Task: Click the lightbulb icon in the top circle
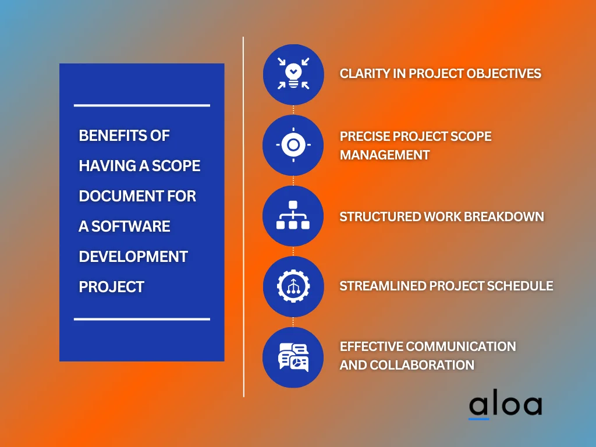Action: click(x=293, y=74)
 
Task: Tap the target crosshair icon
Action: click(x=293, y=145)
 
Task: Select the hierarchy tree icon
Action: click(x=293, y=215)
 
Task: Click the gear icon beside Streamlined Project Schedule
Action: click(x=293, y=286)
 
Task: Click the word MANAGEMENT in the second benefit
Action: click(x=385, y=155)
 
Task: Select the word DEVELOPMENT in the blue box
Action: click(x=133, y=257)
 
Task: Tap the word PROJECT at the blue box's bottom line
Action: click(x=111, y=287)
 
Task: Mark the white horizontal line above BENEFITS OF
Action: click(x=141, y=105)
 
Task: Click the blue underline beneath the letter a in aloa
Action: click(x=479, y=418)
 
